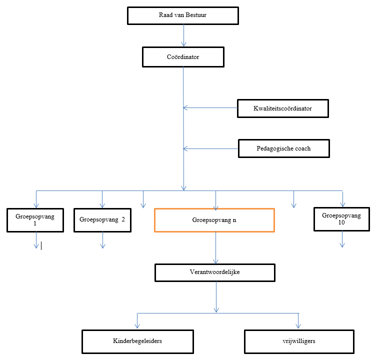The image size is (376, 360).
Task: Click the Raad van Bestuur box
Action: click(x=183, y=15)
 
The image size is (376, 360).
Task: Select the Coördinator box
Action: click(x=183, y=57)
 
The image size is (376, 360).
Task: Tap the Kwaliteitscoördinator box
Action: click(x=283, y=108)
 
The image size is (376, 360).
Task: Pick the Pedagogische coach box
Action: click(x=284, y=149)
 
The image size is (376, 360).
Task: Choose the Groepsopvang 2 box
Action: click(x=102, y=220)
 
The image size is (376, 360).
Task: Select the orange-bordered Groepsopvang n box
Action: click(x=214, y=220)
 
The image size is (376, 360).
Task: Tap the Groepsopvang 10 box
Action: click(x=341, y=219)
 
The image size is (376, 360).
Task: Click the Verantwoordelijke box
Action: click(x=215, y=273)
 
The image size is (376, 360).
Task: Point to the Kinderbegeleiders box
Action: click(x=137, y=341)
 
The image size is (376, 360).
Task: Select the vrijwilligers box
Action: click(x=299, y=341)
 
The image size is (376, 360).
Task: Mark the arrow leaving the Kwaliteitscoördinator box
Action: click(x=210, y=107)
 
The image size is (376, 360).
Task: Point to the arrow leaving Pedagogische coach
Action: click(x=210, y=148)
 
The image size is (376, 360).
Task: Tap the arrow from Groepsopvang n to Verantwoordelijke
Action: click(x=215, y=248)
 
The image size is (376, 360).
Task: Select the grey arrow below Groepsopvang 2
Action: click(x=102, y=240)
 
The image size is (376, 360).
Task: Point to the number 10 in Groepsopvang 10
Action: click(x=341, y=223)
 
